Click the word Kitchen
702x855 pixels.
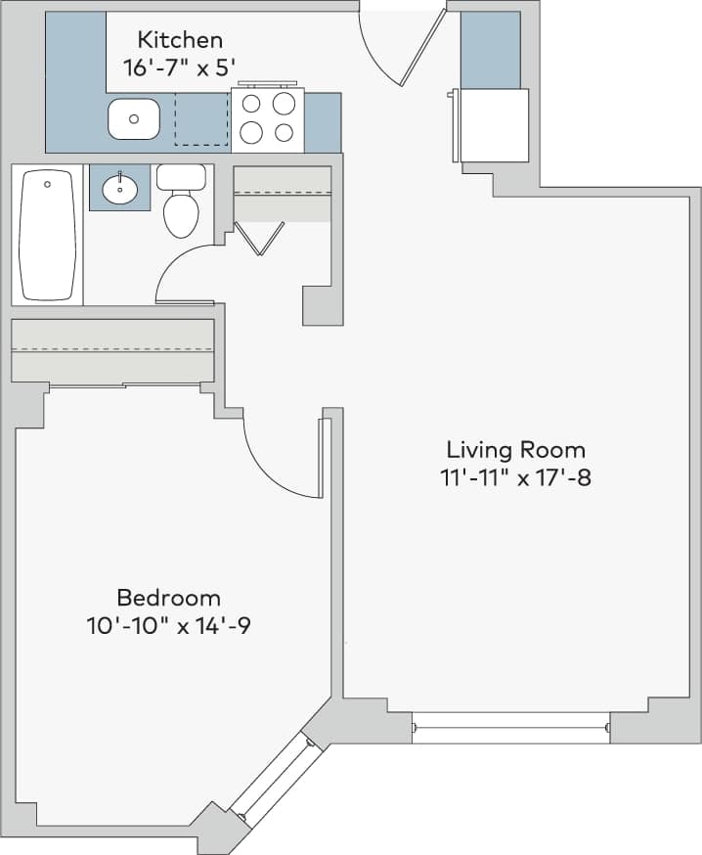pos(180,40)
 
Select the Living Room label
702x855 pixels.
pos(515,450)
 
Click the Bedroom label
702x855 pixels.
pos(168,598)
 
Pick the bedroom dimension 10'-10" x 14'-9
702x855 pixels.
pos(168,626)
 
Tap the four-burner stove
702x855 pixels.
pos(268,118)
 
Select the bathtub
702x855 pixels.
pos(47,235)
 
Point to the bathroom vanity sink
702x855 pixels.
pos(120,187)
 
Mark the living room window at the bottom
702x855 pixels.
pos(510,728)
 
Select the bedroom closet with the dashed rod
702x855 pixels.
pos(111,350)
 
